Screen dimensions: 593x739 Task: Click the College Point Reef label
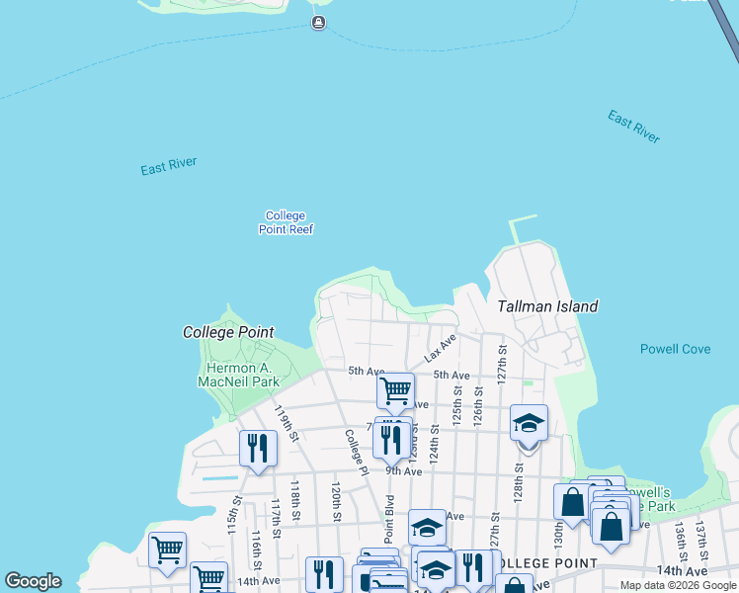[x=287, y=222]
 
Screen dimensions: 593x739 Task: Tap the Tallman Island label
[x=547, y=306]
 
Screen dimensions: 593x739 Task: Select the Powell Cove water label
[x=675, y=349]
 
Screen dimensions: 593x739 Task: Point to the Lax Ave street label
[x=441, y=347]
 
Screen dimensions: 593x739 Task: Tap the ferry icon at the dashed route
[x=318, y=23]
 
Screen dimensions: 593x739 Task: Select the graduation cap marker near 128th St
[x=529, y=424]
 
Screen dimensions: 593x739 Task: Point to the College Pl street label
[x=356, y=450]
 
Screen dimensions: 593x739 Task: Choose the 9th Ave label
[x=403, y=471]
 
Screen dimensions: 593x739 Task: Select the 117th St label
[x=276, y=514]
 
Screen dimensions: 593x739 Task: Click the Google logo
[x=33, y=581]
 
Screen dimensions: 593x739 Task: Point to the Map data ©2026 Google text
[x=677, y=585]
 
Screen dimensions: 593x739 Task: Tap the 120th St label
[x=337, y=502]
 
